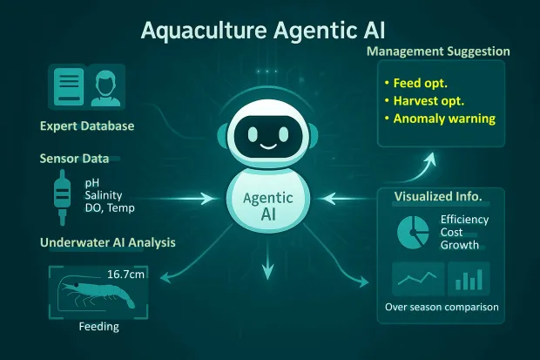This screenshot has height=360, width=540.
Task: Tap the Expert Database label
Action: [x=87, y=126]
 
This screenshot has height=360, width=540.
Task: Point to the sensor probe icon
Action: [x=61, y=194]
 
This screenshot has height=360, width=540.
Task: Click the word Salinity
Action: [x=103, y=196]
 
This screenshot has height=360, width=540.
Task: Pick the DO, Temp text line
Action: [x=110, y=208]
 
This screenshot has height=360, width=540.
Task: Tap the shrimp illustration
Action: [x=91, y=296]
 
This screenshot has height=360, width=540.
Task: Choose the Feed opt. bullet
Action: [x=417, y=83]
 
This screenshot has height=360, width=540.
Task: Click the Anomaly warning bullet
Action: [x=439, y=119]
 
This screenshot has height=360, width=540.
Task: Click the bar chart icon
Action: [x=469, y=280]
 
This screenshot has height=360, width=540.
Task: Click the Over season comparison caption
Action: [x=441, y=308]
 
